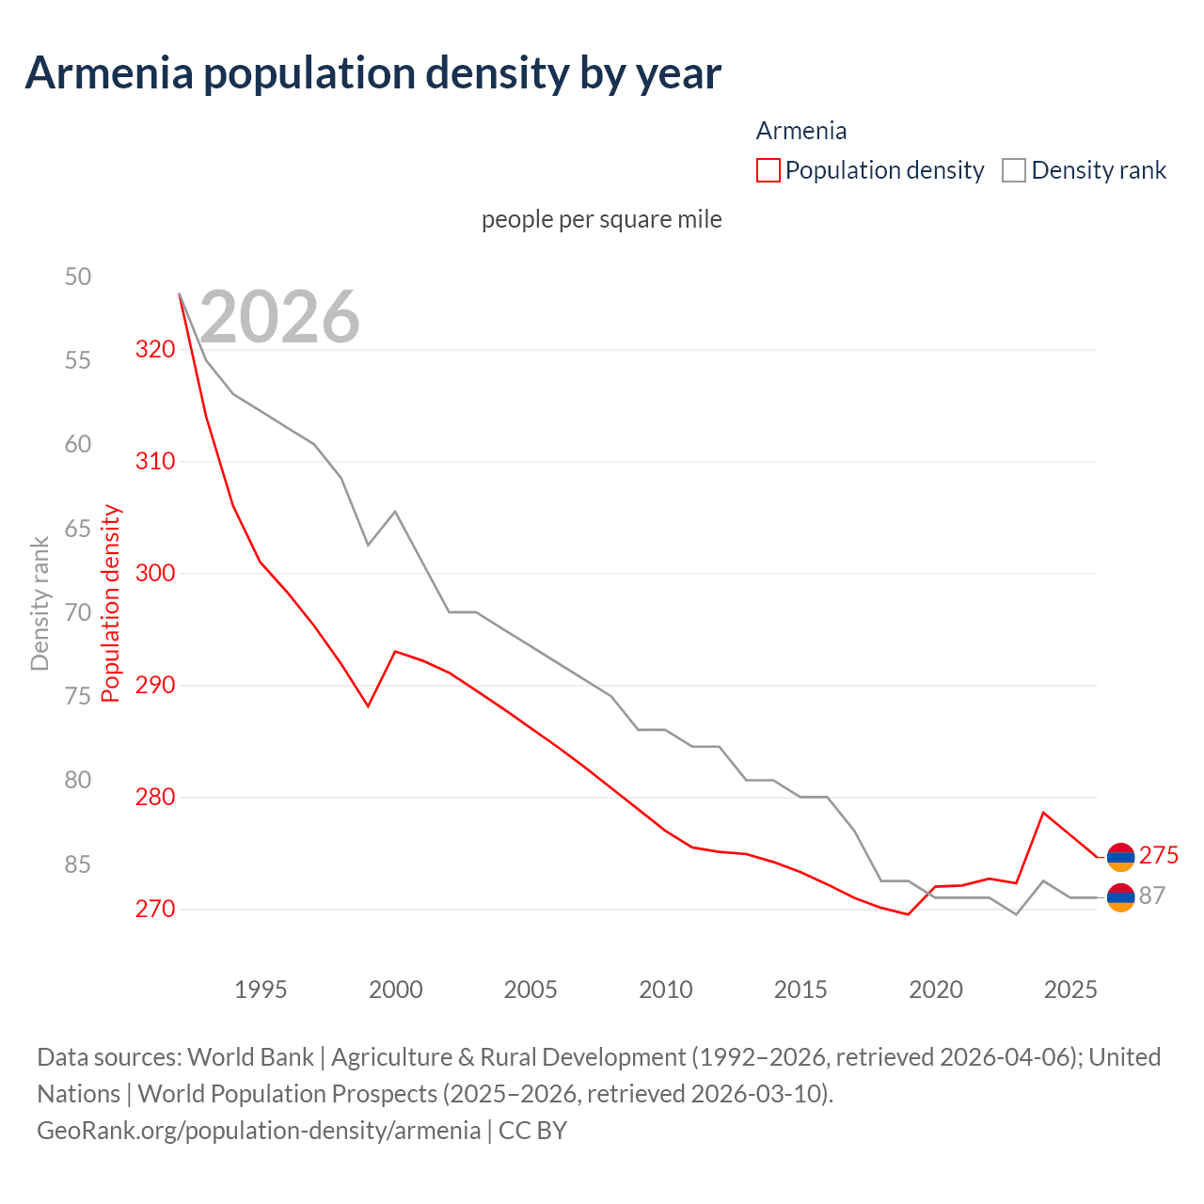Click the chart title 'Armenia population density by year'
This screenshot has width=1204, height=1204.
[372, 73]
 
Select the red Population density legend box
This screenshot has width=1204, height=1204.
[768, 170]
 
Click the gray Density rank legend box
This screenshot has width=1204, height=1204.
[1013, 170]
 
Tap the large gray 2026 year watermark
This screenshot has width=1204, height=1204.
[279, 317]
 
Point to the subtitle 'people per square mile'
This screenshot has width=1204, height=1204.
[601, 219]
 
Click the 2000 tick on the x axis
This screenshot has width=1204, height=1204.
[395, 990]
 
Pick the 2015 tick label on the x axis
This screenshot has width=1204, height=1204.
[800, 990]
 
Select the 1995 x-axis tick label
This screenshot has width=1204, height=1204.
[261, 990]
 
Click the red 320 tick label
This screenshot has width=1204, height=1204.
[155, 350]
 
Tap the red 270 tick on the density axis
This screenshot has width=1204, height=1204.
[155, 910]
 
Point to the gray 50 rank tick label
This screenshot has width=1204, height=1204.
[78, 277]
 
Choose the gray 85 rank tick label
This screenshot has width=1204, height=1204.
[78, 864]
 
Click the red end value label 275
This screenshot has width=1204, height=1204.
[1158, 855]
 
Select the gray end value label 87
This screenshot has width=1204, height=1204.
[1151, 896]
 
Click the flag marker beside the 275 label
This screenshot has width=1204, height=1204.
[1120, 857]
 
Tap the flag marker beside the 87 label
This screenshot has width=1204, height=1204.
[1120, 898]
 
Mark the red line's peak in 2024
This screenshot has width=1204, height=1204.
[1043, 812]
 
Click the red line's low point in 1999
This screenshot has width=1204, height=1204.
[369, 705]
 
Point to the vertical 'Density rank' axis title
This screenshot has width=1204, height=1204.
[40, 604]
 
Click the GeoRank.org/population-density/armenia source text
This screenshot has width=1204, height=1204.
[259, 1130]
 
